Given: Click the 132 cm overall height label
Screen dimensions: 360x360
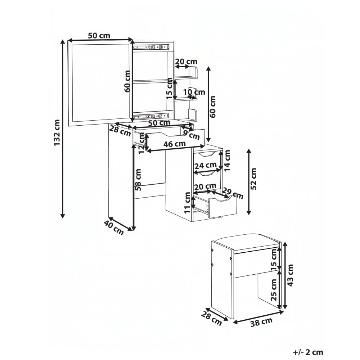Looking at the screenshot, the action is point(57,132).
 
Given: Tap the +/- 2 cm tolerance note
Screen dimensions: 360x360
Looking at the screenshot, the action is point(308,352).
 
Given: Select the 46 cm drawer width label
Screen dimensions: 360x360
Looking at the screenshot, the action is point(175,144).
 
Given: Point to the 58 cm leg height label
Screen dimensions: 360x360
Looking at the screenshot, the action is point(138,180).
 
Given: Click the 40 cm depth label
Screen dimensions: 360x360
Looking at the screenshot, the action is point(114,228).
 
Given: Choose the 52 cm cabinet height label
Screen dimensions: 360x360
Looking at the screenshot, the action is point(253,179).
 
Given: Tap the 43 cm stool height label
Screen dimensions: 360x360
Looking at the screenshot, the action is point(291,275).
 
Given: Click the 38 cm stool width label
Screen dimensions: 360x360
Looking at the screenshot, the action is point(261,322).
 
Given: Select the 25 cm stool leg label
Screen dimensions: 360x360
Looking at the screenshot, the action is point(274,290).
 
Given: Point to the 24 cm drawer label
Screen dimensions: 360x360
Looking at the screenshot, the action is point(205,165).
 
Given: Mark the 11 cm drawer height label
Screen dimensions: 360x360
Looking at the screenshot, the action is point(187,203).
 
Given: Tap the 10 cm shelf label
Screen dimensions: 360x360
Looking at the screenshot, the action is point(194,92).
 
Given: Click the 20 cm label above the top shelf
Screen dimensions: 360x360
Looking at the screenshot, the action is point(186,62).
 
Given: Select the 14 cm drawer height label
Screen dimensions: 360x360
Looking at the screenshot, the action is point(227,161).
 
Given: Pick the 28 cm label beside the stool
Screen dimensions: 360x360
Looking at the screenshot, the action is point(212,318).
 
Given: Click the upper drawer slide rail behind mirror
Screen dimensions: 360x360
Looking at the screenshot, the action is point(152,47).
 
